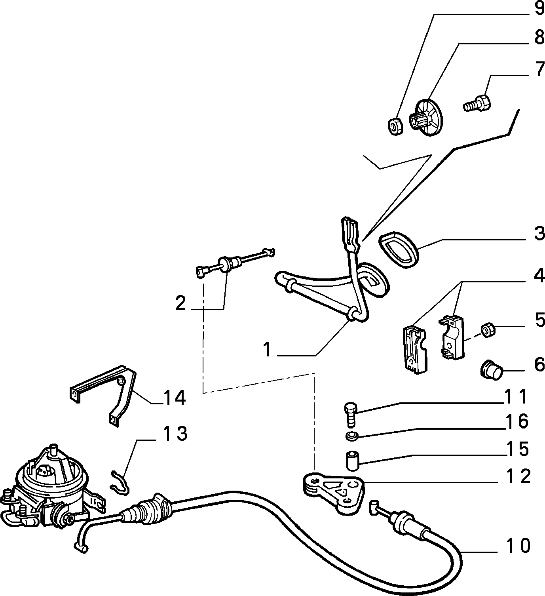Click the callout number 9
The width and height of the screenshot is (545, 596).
[x=539, y=9]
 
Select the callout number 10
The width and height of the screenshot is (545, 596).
[x=518, y=546]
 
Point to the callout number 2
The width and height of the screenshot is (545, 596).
[x=180, y=303]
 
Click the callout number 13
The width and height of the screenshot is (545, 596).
[x=175, y=433]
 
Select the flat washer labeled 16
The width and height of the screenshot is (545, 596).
[x=352, y=436]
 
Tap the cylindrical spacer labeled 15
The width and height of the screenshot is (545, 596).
[x=352, y=461]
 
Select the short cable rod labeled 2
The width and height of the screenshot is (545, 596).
[x=235, y=263]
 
